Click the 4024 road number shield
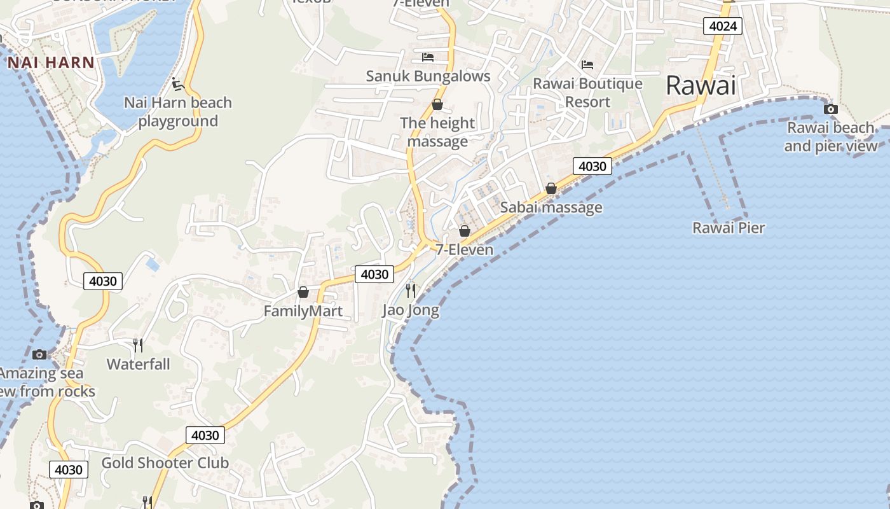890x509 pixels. tap(723, 26)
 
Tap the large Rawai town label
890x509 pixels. tap(701, 85)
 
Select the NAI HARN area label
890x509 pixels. tap(51, 62)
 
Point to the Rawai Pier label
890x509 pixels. tap(729, 228)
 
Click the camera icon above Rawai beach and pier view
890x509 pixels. tap(830, 109)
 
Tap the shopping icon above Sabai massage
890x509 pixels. tap(551, 188)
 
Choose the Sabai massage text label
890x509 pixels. tap(551, 207)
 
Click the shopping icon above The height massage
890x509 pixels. tap(437, 104)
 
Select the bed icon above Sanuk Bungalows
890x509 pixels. tap(428, 57)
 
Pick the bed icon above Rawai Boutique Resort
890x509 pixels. tap(587, 65)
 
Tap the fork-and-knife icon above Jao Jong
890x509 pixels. tap(411, 291)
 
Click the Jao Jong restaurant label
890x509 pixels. tap(411, 310)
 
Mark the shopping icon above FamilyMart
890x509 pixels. tap(303, 292)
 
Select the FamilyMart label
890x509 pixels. tap(303, 311)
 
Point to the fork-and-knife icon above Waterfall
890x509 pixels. tap(138, 345)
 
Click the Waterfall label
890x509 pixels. tap(138, 364)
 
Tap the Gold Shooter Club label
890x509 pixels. tap(165, 463)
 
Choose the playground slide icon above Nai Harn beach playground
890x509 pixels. tap(178, 83)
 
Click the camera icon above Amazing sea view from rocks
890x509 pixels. tap(39, 354)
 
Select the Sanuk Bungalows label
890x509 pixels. tap(428, 76)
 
